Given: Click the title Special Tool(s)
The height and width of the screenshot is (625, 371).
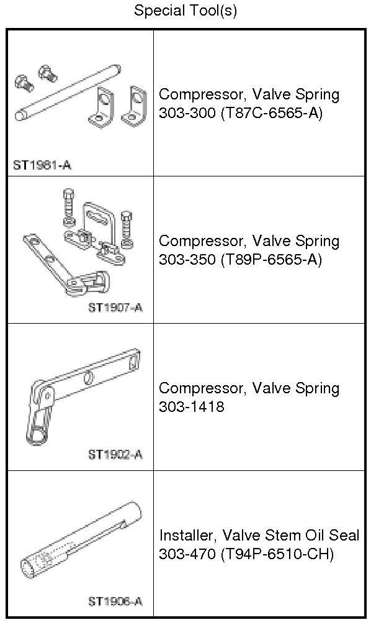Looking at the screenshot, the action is [x=185, y=11].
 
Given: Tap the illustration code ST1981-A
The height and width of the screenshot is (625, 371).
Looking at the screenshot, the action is [x=42, y=165].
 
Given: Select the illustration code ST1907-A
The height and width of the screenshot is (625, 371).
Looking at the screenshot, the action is [x=115, y=308].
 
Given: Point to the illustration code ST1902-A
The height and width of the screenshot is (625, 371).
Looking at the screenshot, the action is [x=115, y=454].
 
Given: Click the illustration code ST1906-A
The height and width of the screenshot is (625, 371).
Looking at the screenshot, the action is [x=115, y=601].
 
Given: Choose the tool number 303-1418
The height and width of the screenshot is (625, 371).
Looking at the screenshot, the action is [x=192, y=406].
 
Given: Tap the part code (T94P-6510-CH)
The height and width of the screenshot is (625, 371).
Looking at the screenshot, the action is [x=277, y=554].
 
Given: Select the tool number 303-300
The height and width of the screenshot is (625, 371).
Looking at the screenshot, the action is [x=187, y=113].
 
